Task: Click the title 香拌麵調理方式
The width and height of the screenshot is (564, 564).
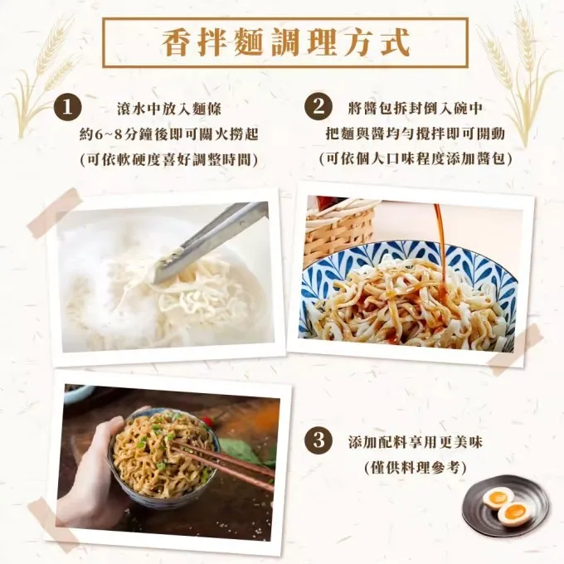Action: click(285, 43)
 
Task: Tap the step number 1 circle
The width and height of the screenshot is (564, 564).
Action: click(68, 108)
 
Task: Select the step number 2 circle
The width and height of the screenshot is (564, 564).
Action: click(318, 107)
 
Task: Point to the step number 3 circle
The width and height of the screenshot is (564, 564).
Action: click(318, 441)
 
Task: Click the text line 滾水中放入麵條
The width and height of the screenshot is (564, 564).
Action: click(169, 109)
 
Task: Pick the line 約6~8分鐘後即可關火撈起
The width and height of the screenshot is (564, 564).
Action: click(168, 134)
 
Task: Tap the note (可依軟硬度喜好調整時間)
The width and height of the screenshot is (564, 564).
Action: click(168, 160)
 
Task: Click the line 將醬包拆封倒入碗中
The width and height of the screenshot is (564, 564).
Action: click(416, 108)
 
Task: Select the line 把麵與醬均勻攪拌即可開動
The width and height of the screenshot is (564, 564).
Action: click(416, 134)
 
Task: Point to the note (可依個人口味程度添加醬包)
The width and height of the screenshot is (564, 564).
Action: click(416, 158)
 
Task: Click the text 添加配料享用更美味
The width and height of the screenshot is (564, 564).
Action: click(415, 442)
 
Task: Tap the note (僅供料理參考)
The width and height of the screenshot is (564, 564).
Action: click(415, 468)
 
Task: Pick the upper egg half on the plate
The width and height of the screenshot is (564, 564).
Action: click(497, 498)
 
